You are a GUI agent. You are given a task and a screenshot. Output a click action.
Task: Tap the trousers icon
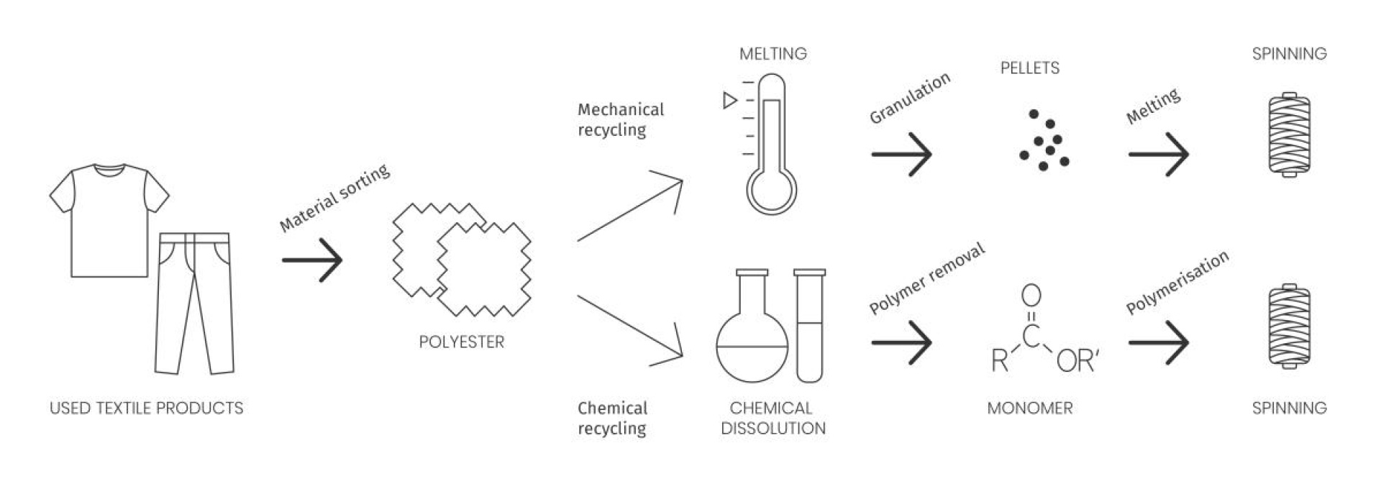tap(194, 302)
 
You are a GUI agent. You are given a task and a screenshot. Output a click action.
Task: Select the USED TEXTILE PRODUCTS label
tap(147, 409)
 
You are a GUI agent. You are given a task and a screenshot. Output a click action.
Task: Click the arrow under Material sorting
tap(312, 260)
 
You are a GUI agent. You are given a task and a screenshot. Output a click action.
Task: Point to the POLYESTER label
tap(461, 342)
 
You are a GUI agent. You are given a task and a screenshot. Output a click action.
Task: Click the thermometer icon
tap(772, 144)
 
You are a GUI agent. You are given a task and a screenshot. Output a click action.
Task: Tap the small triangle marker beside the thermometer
tap(729, 100)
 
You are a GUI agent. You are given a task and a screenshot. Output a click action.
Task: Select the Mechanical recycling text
tap(621, 119)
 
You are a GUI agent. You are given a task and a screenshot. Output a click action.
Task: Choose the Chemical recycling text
tap(612, 418)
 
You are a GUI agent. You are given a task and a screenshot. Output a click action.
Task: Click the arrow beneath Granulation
tap(901, 153)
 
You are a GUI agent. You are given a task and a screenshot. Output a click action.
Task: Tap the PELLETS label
tap(1029, 68)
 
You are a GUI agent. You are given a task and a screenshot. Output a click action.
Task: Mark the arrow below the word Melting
tap(1158, 153)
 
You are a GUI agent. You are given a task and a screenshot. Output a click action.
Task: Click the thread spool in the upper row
tap(1289, 134)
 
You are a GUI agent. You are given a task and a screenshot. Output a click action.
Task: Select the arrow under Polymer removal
tap(901, 342)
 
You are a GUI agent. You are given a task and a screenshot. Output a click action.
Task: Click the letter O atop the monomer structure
tap(1031, 295)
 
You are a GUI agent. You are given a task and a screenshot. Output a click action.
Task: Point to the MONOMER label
tap(1029, 409)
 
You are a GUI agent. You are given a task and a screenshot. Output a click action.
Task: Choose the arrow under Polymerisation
tap(1158, 342)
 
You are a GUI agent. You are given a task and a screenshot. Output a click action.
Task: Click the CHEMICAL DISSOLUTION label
tap(772, 418)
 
